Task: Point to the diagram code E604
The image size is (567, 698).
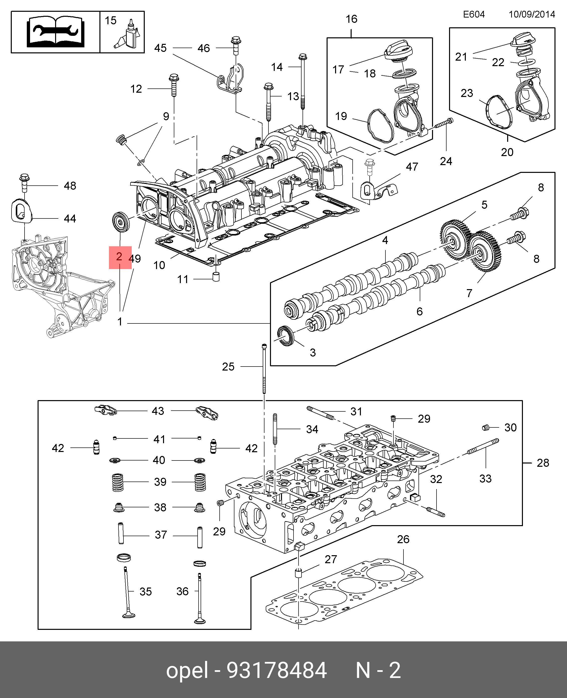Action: [x=474, y=14]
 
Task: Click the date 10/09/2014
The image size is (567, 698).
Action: [x=532, y=14]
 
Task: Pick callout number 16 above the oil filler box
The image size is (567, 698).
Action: [x=351, y=19]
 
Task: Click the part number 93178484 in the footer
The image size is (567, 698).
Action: [x=277, y=670]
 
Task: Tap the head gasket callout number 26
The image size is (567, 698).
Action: [x=403, y=539]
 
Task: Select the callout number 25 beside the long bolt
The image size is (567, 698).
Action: [x=228, y=367]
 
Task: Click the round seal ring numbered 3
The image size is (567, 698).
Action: [x=286, y=336]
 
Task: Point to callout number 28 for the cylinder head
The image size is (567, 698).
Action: [x=543, y=463]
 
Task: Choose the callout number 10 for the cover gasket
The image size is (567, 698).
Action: [x=159, y=265]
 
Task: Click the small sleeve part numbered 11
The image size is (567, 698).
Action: [x=216, y=276]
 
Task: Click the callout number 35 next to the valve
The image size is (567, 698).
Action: [x=146, y=592]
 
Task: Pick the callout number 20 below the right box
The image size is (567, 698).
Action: [x=507, y=152]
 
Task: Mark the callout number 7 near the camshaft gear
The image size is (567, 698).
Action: [x=469, y=293]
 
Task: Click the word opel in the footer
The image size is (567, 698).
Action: [x=187, y=670]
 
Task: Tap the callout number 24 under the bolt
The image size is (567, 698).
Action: [x=446, y=161]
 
